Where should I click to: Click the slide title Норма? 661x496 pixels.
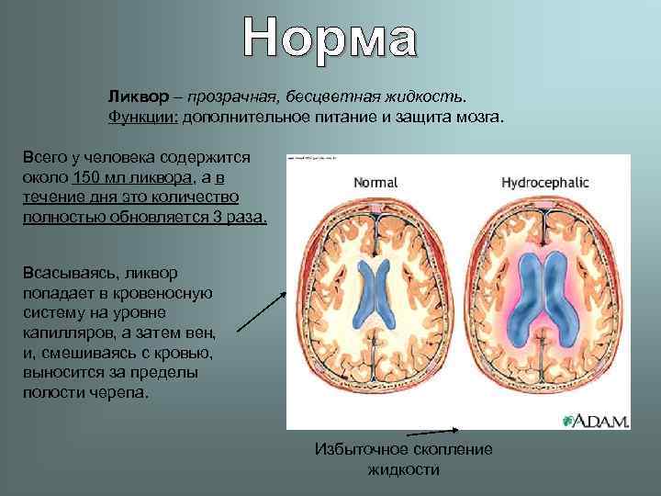(x=330, y=39)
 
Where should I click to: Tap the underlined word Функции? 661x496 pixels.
(x=142, y=117)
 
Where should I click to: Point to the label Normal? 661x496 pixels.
(x=375, y=182)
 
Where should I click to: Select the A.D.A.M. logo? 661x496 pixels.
(x=595, y=421)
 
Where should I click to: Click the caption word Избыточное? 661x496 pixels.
(x=360, y=449)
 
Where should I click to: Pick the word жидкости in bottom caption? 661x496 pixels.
(x=403, y=469)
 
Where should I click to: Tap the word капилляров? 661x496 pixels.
(x=68, y=333)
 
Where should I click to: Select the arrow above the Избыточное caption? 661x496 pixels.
(x=432, y=431)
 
